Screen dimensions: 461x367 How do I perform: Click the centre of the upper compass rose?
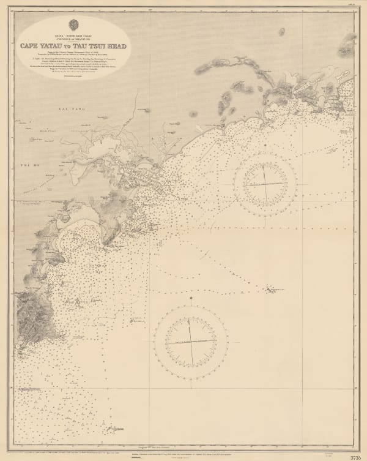[x=266, y=182]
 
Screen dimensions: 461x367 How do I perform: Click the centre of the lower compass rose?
[x=192, y=339]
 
